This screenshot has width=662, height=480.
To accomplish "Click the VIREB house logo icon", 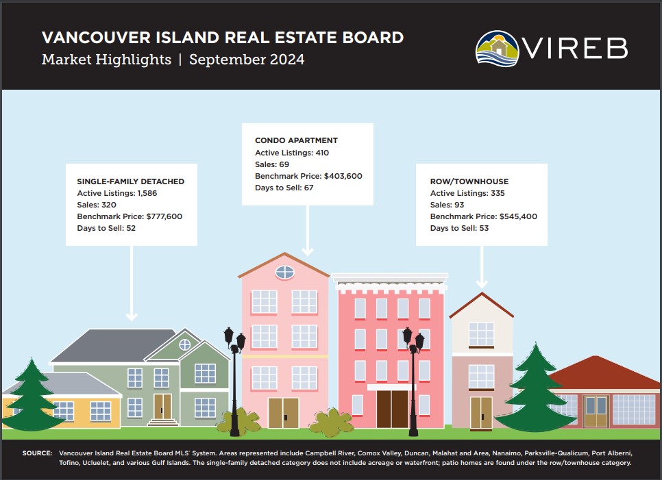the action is click(498, 48).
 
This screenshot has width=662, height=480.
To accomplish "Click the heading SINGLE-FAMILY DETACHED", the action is click(130, 181).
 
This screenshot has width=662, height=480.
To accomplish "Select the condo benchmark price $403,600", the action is click(343, 176).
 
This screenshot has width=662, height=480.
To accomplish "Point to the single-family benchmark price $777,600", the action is click(164, 216).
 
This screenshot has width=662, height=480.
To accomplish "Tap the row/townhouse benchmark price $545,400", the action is click(518, 216).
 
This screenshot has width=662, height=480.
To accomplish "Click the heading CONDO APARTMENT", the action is click(296, 140).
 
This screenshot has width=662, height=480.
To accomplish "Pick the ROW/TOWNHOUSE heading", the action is click(469, 181).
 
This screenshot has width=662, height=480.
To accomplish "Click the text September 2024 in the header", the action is click(247, 60).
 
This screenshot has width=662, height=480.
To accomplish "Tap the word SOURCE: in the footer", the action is click(37, 453).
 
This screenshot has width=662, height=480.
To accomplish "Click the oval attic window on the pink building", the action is click(285, 273).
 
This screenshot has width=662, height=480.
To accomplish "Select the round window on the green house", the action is click(185, 344).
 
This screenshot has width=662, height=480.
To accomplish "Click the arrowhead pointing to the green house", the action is click(132, 316).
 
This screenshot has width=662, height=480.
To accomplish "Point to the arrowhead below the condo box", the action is click(307, 251).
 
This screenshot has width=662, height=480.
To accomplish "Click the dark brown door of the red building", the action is click(392, 409).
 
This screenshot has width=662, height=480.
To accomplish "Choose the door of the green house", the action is click(162, 406).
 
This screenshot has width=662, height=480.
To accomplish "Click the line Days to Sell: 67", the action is click(284, 188).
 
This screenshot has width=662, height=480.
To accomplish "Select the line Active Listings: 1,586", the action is click(117, 193).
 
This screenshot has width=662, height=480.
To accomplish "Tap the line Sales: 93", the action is click(447, 205).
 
